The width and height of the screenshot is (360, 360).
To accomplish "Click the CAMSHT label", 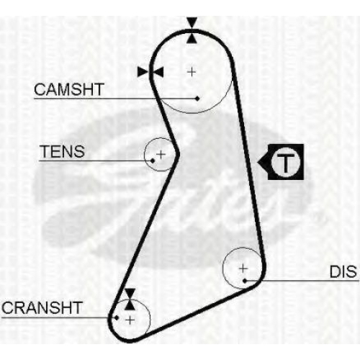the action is point(69,89).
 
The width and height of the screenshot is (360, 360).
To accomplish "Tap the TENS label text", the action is point(63,151).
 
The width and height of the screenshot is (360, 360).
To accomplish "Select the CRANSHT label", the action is point(42,307).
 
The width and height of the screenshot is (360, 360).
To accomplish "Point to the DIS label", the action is point(343,271).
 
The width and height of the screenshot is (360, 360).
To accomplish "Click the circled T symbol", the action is point(286,162).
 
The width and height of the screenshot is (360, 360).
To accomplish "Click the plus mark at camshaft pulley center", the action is point(192,72).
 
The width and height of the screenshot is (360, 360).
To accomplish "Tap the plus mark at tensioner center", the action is point(161,154).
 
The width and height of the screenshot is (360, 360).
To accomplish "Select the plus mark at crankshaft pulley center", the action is point(130,320).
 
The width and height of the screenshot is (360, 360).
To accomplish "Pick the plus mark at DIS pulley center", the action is point(243,268).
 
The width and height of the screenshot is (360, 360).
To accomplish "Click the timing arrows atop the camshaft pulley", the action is point(192,30).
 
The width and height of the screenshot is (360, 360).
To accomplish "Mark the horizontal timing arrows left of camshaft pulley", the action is point(150,72).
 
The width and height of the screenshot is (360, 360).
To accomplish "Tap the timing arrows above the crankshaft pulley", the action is point(130,300).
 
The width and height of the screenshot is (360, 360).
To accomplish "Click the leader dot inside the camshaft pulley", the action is point(197,99).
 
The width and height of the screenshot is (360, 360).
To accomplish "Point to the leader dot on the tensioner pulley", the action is point(153,161).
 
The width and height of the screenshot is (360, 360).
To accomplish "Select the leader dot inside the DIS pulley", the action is point(245,281).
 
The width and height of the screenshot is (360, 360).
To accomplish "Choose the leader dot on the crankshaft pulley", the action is point(117,318).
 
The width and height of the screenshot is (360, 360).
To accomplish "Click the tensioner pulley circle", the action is point(145,155).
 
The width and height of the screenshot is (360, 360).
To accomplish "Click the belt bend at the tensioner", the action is point(178,154).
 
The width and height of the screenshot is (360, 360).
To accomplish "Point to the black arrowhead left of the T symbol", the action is point(263,162).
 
